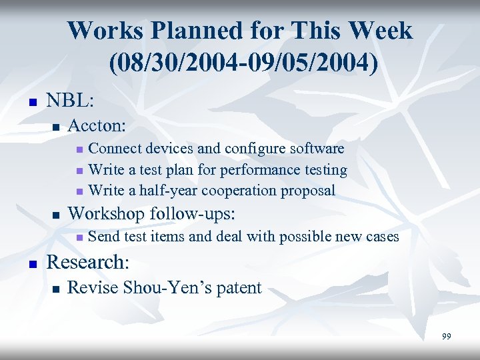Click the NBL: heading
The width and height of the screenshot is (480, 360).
click(70, 101)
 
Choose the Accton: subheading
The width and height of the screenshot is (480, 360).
click(97, 125)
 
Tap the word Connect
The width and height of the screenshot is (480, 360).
click(114, 148)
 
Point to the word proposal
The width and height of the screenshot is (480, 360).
click(308, 191)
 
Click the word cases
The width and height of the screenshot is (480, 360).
click(381, 237)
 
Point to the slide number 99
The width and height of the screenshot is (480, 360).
click(446, 337)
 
